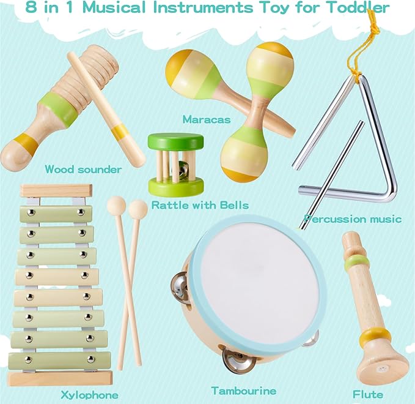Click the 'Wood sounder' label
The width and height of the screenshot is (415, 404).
(x=84, y=169)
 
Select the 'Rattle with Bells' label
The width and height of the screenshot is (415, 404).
(x=200, y=204)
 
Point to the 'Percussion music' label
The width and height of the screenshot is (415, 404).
(x=353, y=219)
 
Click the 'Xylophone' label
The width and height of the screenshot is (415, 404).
(x=90, y=394)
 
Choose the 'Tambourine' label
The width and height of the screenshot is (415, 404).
(x=243, y=390)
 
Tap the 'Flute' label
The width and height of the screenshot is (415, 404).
(x=367, y=394)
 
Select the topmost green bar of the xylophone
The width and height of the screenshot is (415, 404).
(x=56, y=214)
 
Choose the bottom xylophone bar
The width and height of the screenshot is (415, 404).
(x=58, y=359)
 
